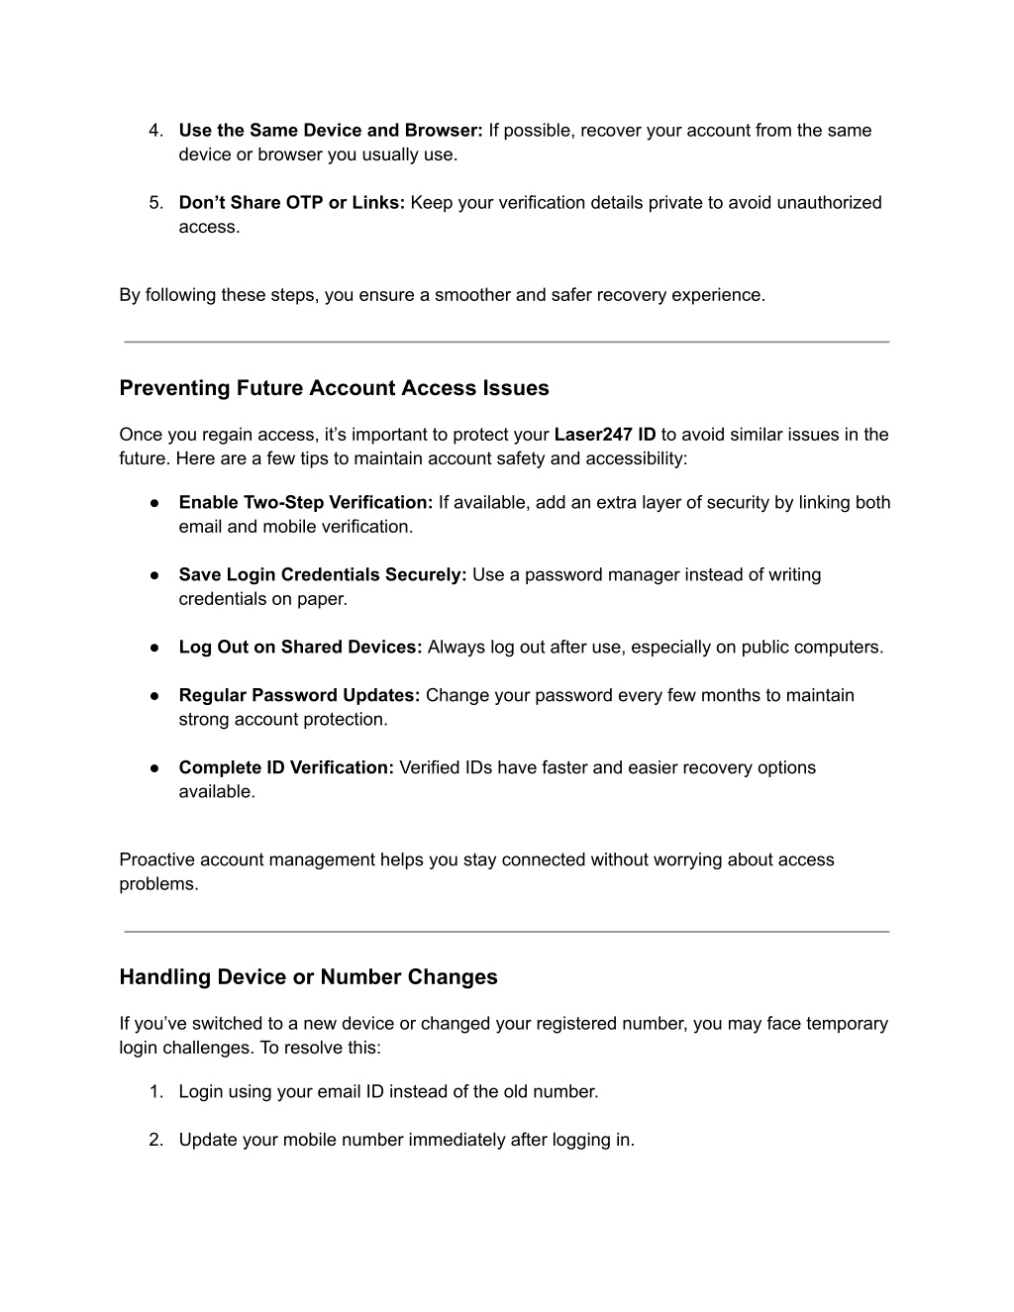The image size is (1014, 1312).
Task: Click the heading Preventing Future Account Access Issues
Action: (x=334, y=388)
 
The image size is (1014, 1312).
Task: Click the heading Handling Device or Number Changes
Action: (x=308, y=977)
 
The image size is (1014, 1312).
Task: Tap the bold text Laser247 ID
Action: (x=604, y=435)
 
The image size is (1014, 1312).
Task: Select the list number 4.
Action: (x=155, y=131)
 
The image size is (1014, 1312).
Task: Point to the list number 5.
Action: (x=155, y=203)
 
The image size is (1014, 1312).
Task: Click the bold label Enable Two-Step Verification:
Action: (x=306, y=503)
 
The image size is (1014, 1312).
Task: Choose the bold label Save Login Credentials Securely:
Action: (x=322, y=575)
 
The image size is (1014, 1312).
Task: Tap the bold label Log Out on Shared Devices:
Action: (x=300, y=648)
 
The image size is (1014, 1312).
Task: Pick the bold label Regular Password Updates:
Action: (x=299, y=696)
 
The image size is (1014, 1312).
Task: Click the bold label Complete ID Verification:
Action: (x=286, y=768)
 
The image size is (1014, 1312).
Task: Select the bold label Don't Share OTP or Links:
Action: (x=291, y=203)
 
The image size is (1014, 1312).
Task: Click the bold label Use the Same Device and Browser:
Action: (x=330, y=131)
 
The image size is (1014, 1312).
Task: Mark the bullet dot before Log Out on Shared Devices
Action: (x=155, y=648)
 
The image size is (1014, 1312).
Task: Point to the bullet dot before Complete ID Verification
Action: (x=155, y=768)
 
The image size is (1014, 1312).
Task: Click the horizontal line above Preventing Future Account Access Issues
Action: (x=506, y=343)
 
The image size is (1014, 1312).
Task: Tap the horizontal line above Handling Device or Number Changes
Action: (x=506, y=932)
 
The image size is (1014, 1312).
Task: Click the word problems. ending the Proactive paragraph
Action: (x=158, y=884)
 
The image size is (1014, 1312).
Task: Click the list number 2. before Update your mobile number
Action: (x=155, y=1141)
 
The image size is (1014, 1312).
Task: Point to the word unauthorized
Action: (x=829, y=203)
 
